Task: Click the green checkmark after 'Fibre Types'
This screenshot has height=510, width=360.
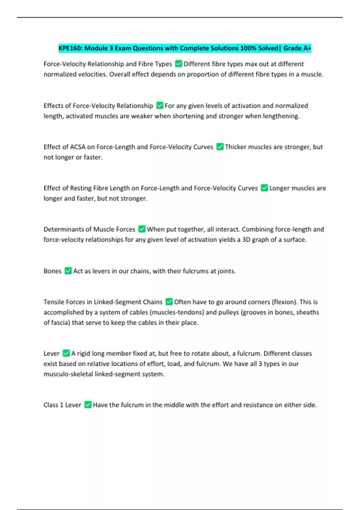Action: click(x=178, y=64)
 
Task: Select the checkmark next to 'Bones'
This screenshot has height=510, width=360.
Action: click(x=68, y=271)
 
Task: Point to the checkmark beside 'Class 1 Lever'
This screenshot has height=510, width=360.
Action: click(x=88, y=405)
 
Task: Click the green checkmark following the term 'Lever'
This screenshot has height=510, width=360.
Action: click(x=66, y=353)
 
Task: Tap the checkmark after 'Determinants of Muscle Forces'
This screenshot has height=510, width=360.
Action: click(x=142, y=229)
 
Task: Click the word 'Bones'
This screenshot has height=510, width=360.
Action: click(x=52, y=271)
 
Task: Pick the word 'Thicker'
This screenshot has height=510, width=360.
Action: click(x=235, y=147)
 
